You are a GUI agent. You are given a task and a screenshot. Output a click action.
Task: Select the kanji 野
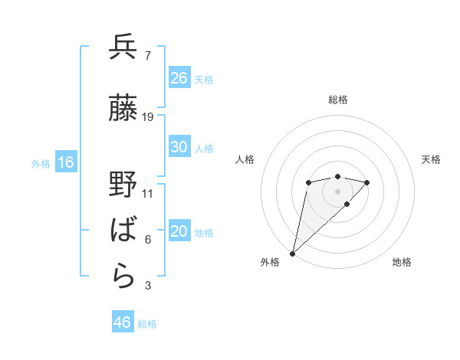pyautogui.click(x=123, y=186)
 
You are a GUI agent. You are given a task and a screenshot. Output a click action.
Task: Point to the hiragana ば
pyautogui.click(x=123, y=230)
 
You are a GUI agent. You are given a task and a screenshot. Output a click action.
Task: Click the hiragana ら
pyautogui.click(x=123, y=277)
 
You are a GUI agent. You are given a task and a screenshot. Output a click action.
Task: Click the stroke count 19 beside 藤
pyautogui.click(x=148, y=116)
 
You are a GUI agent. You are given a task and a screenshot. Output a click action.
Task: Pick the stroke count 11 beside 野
pyautogui.click(x=148, y=194)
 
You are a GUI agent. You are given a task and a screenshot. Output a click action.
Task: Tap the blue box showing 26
pyautogui.click(x=179, y=77)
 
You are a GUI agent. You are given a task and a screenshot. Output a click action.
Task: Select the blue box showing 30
pyautogui.click(x=179, y=148)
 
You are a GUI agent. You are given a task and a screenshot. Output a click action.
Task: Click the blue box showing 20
pyautogui.click(x=179, y=232)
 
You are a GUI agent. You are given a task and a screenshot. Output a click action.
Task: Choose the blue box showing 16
pyautogui.click(x=66, y=162)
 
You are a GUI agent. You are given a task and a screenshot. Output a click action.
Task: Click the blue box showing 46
pyautogui.click(x=123, y=322)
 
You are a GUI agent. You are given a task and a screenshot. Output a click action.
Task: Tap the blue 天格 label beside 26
pyautogui.click(x=204, y=79)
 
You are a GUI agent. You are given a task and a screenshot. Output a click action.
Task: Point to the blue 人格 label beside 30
pyautogui.click(x=204, y=149)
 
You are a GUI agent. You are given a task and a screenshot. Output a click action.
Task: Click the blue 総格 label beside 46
pyautogui.click(x=147, y=324)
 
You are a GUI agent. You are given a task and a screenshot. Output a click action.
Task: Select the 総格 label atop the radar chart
pyautogui.click(x=337, y=100)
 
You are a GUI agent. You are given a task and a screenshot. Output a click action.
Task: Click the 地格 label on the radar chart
pyautogui.click(x=402, y=263)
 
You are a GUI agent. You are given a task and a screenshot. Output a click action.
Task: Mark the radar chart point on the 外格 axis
pyautogui.click(x=293, y=253)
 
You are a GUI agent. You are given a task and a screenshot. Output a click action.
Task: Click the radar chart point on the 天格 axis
pyautogui.click(x=367, y=182)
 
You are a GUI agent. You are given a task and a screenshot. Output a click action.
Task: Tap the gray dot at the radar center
pyautogui.click(x=337, y=191)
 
